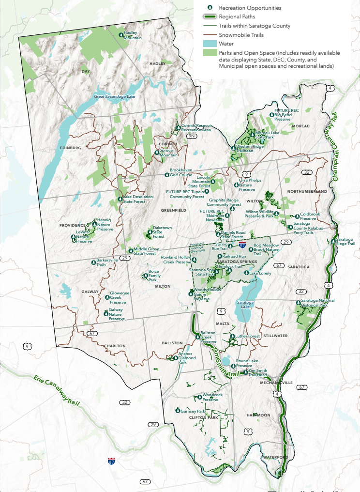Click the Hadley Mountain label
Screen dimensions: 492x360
click(133, 35)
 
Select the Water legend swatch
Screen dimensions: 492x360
click(210, 44)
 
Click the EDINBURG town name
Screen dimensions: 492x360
click(69, 148)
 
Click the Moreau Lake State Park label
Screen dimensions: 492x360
click(267, 135)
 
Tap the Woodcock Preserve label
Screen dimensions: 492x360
click(212, 397)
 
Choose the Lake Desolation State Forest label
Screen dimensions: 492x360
click(138, 199)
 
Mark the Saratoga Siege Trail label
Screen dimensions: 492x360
click(345, 242)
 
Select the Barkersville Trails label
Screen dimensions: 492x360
click(107, 263)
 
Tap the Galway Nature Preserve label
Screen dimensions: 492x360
click(117, 314)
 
